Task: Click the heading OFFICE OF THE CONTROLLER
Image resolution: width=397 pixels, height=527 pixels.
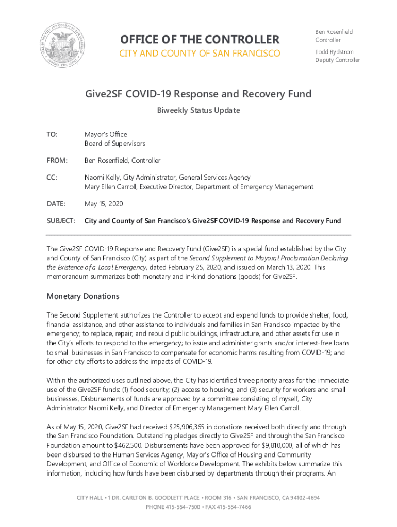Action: click(200, 40)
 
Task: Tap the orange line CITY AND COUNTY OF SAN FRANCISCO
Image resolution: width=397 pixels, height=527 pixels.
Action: click(200, 54)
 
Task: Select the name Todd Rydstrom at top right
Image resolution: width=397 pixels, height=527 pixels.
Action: click(335, 52)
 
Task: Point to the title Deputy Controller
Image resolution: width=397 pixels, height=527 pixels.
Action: click(338, 60)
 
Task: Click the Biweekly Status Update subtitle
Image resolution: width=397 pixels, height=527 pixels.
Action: click(198, 110)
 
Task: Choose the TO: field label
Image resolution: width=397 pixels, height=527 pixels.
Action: click(52, 134)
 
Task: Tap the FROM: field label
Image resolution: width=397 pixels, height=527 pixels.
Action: click(57, 161)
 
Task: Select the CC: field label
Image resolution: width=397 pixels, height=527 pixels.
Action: click(52, 178)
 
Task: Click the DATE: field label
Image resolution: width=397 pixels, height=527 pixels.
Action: click(56, 204)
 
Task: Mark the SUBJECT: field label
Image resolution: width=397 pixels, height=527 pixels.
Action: click(61, 221)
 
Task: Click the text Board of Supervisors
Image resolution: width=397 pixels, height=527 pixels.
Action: click(114, 144)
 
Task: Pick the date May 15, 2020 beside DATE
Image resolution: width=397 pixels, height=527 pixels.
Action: click(104, 204)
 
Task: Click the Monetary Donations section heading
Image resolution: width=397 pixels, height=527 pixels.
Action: click(83, 296)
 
